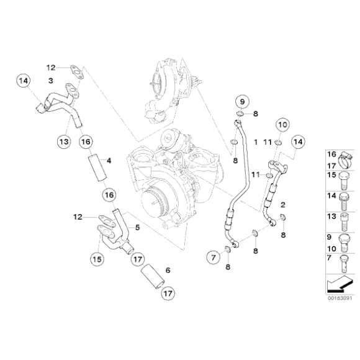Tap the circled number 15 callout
coord(96,258)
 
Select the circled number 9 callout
coord(242,102)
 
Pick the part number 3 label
coord(51,81)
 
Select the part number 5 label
coord(137,228)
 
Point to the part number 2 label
coord(282,204)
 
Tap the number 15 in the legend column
coord(331,176)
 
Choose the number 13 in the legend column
coord(331,216)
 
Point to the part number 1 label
coord(255,142)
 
